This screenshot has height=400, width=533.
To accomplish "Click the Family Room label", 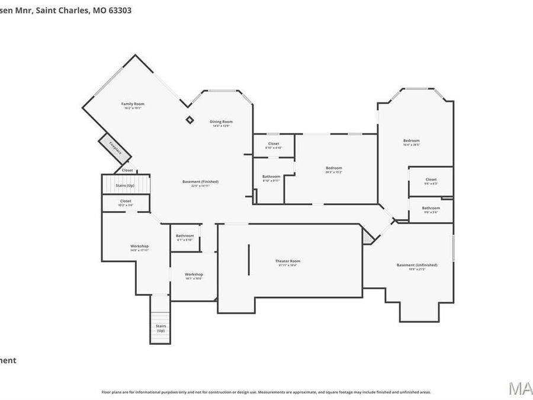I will coord(133,104).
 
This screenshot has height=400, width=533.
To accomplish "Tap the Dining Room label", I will coord(220,122).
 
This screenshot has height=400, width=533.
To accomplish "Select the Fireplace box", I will coord(115,147).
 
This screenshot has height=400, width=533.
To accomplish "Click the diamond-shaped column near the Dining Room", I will coord(190,120).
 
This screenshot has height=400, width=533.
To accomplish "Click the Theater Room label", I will coord(288,261).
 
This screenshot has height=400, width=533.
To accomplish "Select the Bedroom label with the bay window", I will coord(411,141).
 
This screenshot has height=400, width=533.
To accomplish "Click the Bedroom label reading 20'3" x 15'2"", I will coord(333,168).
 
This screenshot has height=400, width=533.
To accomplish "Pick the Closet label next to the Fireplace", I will coord(127,171).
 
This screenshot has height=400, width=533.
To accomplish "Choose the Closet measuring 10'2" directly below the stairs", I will coord(126,201).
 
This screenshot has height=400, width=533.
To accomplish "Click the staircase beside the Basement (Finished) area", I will coord(125,184).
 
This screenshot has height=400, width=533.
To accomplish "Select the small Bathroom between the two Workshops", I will coord(185,236).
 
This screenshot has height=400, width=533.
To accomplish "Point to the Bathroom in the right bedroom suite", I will coord(431,209).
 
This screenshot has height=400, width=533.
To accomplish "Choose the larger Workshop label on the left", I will coord(139,247).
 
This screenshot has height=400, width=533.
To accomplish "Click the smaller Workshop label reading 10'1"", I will coord(194,275).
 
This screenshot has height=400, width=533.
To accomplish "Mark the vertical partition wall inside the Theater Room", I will coord(249,259).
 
